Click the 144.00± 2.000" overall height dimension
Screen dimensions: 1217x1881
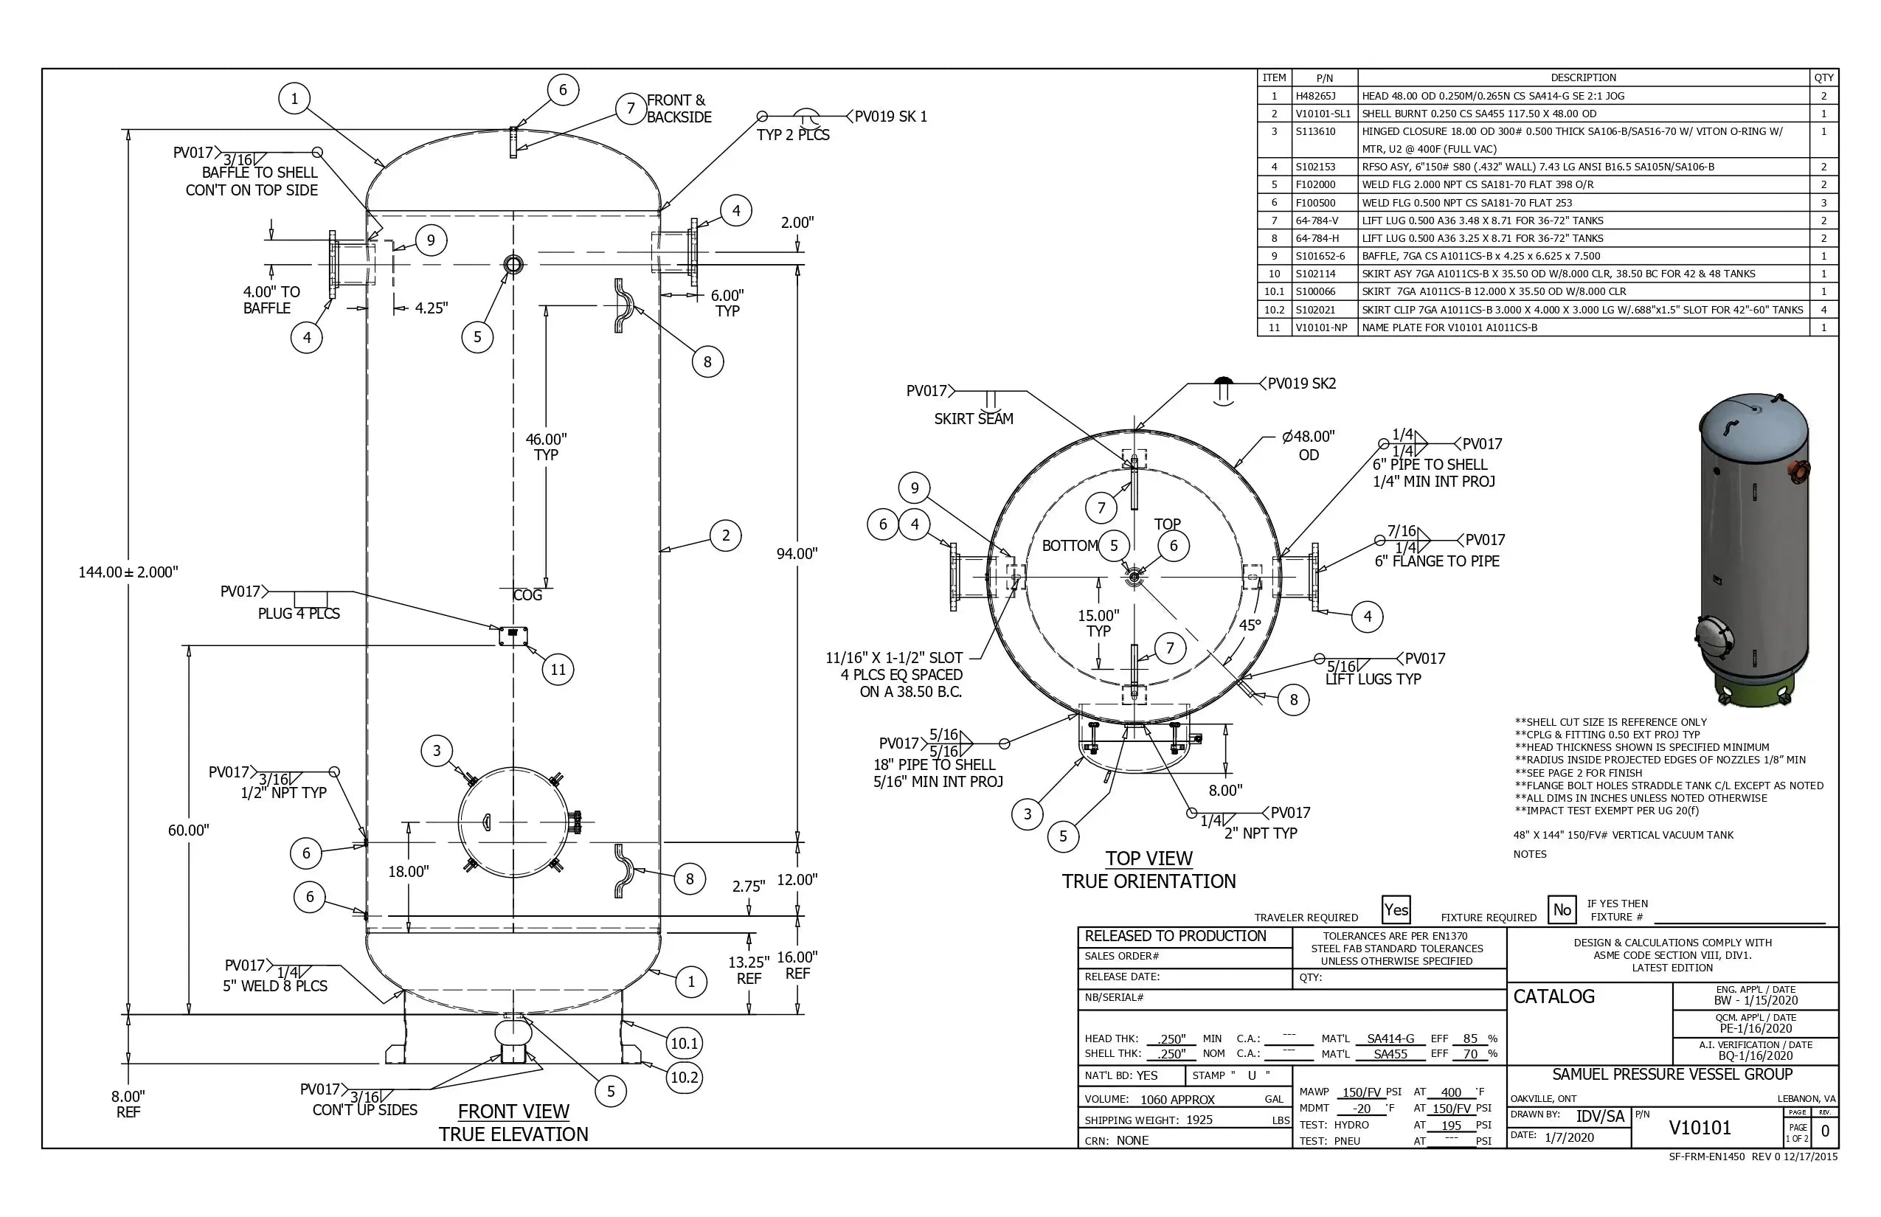coord(128,572)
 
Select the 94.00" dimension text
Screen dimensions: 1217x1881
coord(796,554)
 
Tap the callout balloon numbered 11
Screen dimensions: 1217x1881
coord(558,670)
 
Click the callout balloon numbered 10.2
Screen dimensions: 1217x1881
coord(685,1077)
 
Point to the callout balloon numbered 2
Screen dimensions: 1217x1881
coord(726,535)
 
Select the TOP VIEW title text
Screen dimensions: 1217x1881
coord(1149,859)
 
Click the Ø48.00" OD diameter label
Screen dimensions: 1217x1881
coord(1308,445)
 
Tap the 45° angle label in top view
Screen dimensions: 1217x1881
coord(1250,625)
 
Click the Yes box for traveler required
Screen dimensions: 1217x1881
coord(1396,909)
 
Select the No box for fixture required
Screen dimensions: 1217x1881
coord(1562,909)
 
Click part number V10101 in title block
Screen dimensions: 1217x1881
coord(1700,1128)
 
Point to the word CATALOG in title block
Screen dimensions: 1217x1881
coord(1553,996)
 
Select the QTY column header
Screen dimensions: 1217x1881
coord(1823,77)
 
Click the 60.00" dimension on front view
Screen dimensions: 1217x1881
coord(188,830)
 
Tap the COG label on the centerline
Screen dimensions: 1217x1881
coord(528,595)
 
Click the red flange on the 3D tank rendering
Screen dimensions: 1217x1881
coord(1801,472)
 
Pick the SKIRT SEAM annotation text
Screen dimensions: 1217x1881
coord(973,419)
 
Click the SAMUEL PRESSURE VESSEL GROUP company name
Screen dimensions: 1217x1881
coord(1672,1074)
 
